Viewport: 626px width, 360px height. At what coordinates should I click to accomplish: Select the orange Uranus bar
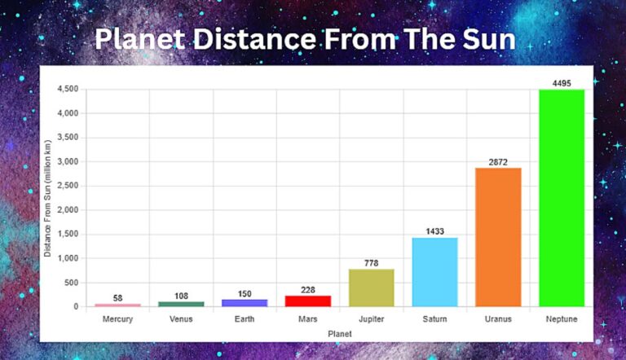tap(498, 237)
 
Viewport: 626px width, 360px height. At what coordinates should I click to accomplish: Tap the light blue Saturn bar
tap(434, 272)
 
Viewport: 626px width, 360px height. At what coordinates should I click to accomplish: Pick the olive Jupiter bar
tap(371, 288)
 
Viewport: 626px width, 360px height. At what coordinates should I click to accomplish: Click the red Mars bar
tap(307, 301)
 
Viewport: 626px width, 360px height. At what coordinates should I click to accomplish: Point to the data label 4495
tap(562, 82)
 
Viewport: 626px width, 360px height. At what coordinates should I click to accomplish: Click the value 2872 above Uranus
tap(498, 161)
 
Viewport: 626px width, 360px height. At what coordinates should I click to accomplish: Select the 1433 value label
tap(434, 231)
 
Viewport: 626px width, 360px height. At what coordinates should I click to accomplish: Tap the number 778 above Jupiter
tap(371, 263)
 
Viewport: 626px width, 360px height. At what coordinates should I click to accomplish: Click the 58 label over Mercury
tap(117, 298)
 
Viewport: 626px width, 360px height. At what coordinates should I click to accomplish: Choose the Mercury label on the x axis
tap(117, 319)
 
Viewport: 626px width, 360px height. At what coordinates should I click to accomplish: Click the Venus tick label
tap(181, 319)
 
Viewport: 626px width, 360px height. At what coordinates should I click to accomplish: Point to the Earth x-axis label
tap(245, 319)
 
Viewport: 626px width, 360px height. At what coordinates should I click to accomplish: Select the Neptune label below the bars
tap(562, 319)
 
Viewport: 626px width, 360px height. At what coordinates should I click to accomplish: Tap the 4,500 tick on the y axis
tap(68, 90)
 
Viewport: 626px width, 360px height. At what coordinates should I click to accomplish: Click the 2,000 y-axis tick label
tap(68, 210)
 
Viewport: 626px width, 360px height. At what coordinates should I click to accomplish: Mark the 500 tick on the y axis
tap(73, 283)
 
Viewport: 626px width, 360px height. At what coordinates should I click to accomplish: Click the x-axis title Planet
tap(339, 334)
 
